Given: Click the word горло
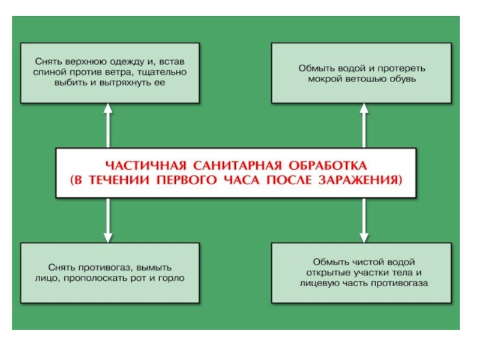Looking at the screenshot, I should pyautogui.click(x=172, y=278).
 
